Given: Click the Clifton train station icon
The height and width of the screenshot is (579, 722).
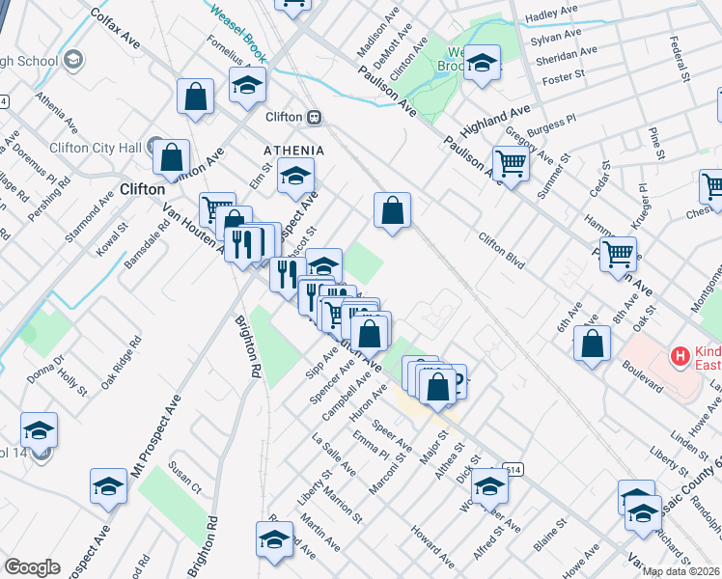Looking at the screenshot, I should click(x=314, y=117).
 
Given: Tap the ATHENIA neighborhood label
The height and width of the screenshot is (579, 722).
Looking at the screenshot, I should click(x=293, y=151).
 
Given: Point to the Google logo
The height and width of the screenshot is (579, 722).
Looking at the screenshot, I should click(x=32, y=567).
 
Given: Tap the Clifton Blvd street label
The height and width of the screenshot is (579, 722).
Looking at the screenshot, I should click(x=502, y=249).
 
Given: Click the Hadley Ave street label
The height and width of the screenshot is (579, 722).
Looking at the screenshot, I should click(x=551, y=14).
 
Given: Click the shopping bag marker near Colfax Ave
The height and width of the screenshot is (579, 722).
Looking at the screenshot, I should click(x=196, y=97).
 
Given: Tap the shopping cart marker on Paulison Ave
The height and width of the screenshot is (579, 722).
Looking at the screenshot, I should click(x=511, y=163).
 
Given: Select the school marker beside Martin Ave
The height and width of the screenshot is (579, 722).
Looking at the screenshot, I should click(x=274, y=538).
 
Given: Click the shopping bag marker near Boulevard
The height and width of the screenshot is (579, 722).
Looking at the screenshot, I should click(x=592, y=344).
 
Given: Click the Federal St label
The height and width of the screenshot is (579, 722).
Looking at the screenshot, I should click(x=682, y=60).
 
